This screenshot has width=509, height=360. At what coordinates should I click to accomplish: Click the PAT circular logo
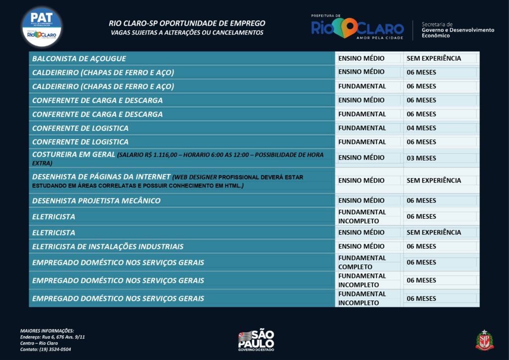coord(42,26)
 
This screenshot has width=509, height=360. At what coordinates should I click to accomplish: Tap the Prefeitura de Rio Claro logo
coord(357,27)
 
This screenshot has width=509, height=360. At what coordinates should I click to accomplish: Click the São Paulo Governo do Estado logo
coord(256,340)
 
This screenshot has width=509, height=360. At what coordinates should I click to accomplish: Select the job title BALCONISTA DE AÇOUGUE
coord(79,59)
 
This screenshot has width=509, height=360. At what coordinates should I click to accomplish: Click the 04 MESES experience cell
coord(421,128)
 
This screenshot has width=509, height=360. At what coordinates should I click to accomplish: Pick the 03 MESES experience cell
coord(421,158)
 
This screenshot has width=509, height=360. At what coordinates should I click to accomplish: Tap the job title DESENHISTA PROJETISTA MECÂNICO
coord(96,201)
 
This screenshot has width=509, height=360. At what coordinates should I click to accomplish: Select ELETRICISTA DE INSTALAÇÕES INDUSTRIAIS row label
coord(108,247)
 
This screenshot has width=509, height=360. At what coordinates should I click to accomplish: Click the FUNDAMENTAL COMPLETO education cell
coord(362,263)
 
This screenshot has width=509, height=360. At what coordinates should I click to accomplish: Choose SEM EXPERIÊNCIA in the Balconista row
coord(433,59)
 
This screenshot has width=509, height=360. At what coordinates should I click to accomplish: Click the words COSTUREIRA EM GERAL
coord(74,155)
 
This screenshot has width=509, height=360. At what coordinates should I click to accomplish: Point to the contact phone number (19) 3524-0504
coord(45,350)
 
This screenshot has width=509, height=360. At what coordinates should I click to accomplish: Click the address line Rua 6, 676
coord(52,337)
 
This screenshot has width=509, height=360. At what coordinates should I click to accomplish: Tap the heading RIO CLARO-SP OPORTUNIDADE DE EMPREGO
coord(187,23)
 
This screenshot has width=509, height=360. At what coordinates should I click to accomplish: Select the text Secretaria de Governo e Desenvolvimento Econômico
coord(457,30)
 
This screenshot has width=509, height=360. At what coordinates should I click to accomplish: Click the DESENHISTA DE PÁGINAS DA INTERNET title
coord(101,177)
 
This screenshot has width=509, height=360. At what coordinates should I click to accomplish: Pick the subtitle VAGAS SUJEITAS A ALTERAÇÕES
coord(187,33)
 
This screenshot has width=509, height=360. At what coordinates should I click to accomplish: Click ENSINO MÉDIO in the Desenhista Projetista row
coord(361,201)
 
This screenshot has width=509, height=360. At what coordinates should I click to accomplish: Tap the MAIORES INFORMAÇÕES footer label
coord(47,331)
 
